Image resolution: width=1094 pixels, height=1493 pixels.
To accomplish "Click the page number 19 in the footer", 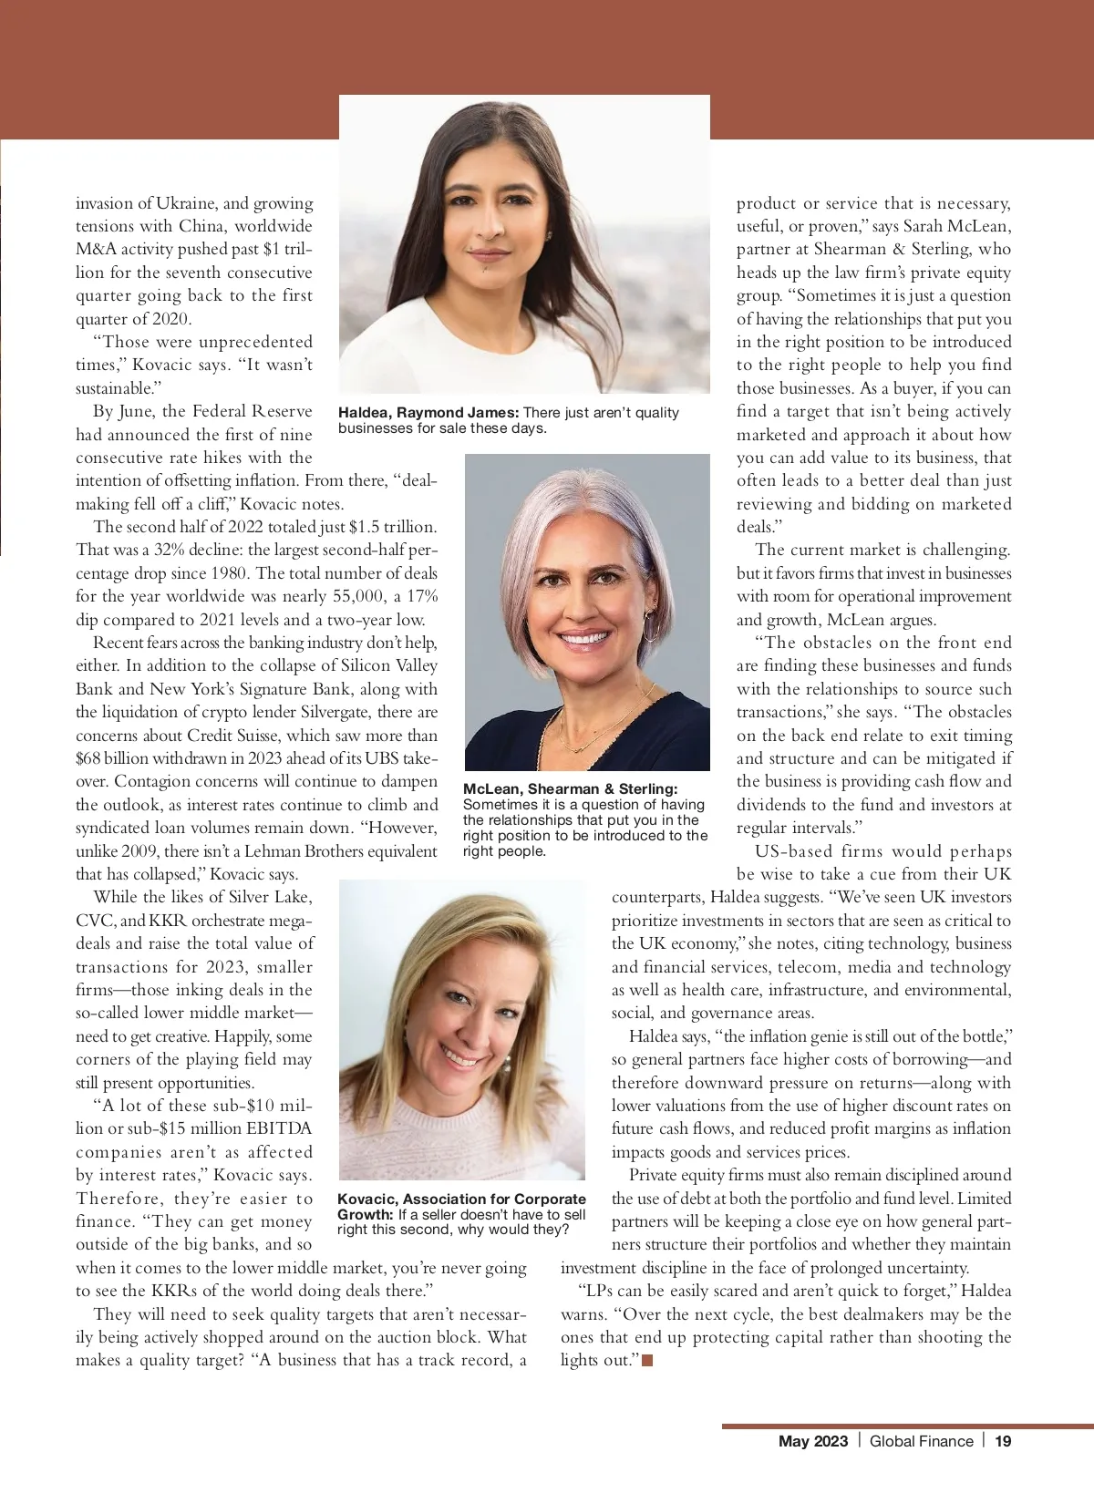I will coord(1003,1441).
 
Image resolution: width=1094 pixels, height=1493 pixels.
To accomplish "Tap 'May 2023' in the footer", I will coord(813,1441).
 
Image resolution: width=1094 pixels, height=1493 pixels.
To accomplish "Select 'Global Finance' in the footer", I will coord(921,1441).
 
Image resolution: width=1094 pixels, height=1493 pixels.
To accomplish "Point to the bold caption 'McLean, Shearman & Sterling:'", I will coord(571,788).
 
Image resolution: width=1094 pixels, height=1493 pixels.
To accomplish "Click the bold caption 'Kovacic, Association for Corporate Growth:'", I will coord(461,1206).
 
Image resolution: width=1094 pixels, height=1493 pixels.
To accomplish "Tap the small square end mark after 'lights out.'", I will coord(647,1361).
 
